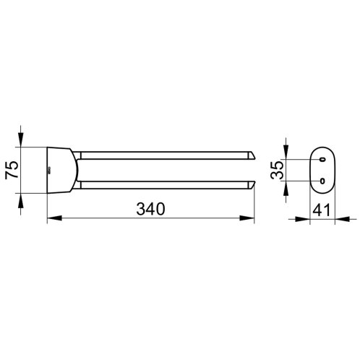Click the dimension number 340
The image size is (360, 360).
pos(151,209)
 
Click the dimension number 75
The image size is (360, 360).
pos(12,170)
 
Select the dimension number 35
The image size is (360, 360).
pos(277,170)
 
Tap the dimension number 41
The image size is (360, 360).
pos(322,210)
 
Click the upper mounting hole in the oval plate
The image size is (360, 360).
pos(322,159)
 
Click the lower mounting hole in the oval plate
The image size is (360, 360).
pos(322,181)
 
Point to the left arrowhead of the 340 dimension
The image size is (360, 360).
pos(55,218)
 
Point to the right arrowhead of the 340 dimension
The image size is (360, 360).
pos(247,218)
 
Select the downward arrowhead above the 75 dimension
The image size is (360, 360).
pos(21,140)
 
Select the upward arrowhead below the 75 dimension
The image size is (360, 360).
pos(21,200)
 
